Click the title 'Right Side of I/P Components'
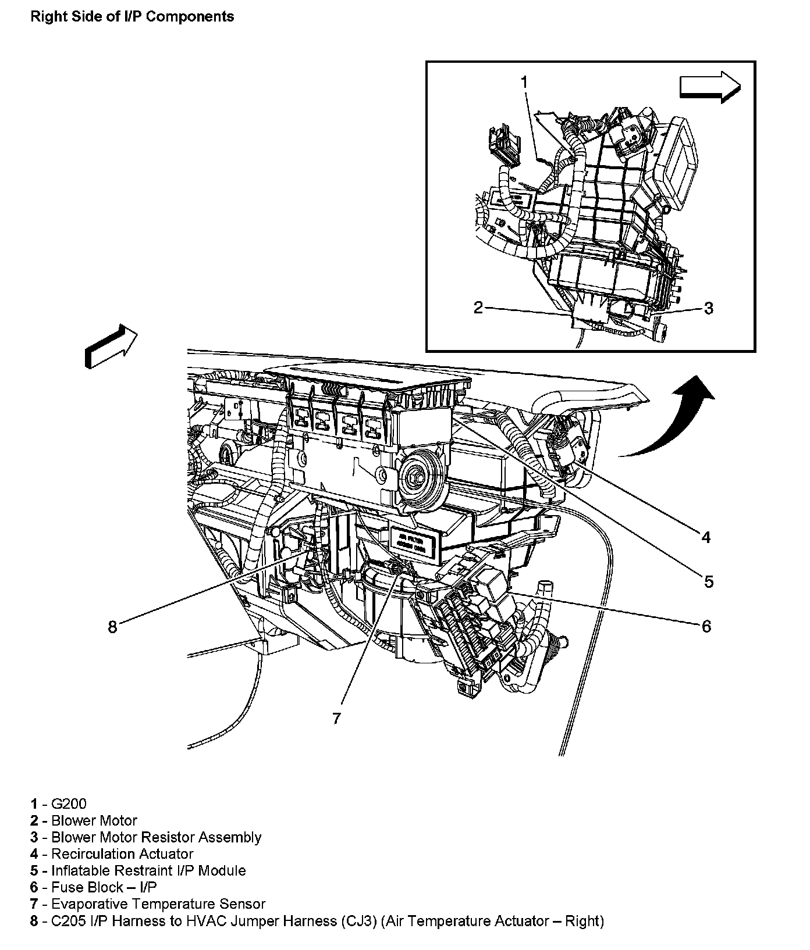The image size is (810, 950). coord(132,17)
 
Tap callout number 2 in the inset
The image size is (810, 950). coord(478,308)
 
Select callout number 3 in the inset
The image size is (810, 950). coord(708,308)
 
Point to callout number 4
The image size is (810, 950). coord(706,537)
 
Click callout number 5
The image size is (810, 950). coord(708,581)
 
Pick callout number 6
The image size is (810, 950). coord(706,626)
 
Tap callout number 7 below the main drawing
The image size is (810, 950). coord(336,719)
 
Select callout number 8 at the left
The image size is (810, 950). coord(113,627)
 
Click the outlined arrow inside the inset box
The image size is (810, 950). coord(709,87)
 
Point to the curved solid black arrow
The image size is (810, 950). coord(669,419)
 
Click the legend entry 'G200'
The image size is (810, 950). coord(69,804)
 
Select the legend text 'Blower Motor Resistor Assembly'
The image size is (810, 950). coord(156,838)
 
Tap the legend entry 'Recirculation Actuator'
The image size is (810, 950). coord(122,854)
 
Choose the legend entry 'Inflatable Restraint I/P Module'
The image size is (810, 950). coord(148,871)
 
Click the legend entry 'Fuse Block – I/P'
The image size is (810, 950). coord(104,888)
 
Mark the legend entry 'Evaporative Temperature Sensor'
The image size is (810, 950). coord(158,904)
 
